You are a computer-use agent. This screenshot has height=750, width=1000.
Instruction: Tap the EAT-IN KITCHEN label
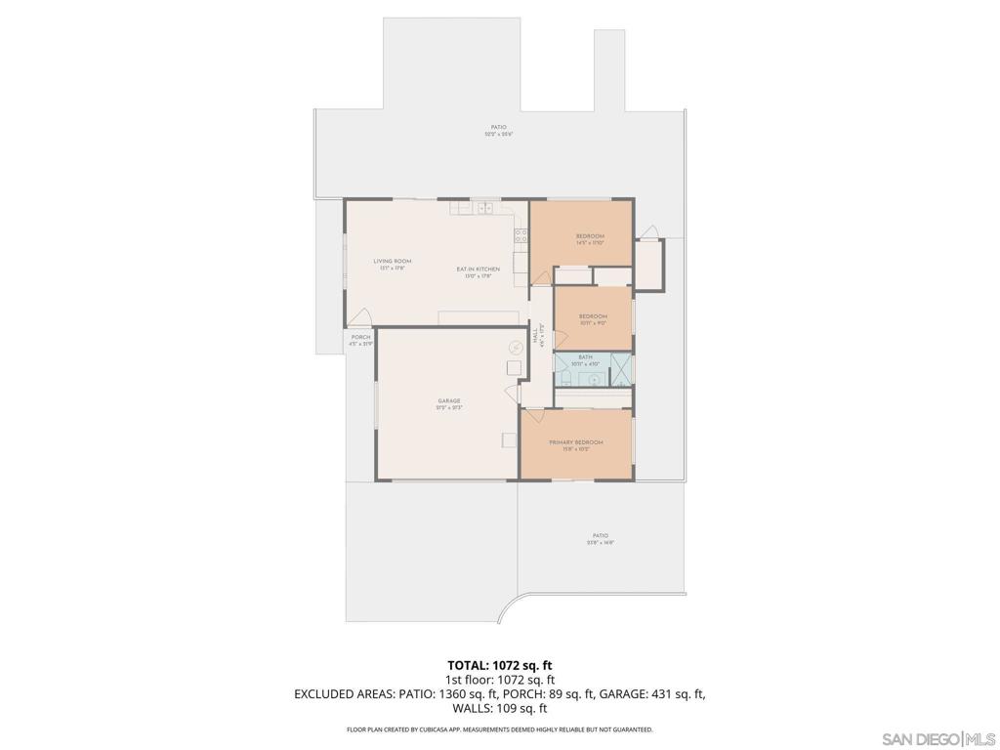[479, 269]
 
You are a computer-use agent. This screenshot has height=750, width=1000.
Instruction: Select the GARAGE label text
[448, 400]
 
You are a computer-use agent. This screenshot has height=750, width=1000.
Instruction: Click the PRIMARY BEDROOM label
[575, 442]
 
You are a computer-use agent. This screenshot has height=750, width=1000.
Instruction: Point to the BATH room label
[585, 358]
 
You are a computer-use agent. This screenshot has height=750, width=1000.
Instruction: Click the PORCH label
[360, 338]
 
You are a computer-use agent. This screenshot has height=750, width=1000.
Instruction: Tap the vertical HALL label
[536, 336]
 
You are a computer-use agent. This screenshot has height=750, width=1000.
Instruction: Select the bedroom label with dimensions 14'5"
[590, 236]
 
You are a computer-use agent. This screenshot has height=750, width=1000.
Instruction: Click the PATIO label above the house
[498, 127]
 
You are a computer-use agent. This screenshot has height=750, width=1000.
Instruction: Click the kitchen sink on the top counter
[485, 208]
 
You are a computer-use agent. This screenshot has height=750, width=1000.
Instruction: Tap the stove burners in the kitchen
[521, 235]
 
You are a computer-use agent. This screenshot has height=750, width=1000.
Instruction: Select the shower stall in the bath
[620, 372]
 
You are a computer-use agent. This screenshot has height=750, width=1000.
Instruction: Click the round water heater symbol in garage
[515, 347]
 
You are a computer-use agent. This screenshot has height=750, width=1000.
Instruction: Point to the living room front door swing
[359, 315]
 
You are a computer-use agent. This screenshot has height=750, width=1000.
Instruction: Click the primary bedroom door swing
[533, 417]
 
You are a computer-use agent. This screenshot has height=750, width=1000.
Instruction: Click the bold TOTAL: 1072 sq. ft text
[499, 665]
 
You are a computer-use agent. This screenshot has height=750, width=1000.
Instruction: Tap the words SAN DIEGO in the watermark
[920, 737]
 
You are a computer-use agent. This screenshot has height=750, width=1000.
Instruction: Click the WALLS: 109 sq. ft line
[499, 708]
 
